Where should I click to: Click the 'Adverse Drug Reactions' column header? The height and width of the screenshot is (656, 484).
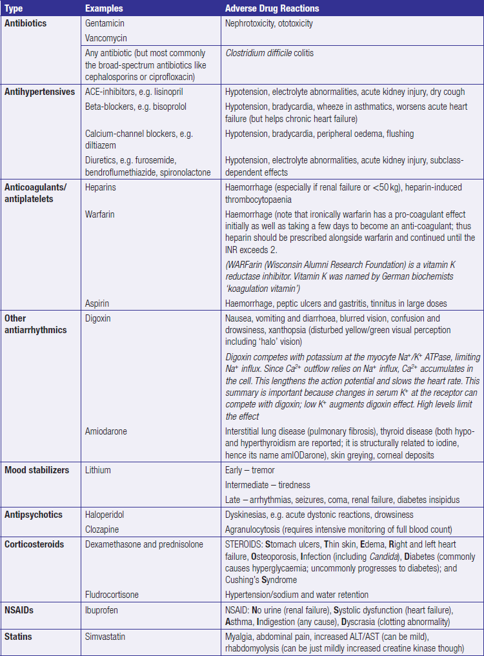click(x=272, y=8)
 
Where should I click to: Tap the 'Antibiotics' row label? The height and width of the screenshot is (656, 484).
click(x=26, y=23)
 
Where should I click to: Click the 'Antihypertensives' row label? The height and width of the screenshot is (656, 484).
click(x=40, y=92)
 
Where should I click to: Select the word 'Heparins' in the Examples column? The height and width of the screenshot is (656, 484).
click(x=101, y=187)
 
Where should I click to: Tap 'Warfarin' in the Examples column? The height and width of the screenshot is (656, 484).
click(x=100, y=214)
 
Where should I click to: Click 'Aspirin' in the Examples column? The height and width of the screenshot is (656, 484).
click(x=98, y=303)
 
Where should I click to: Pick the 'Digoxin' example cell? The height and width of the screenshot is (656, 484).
click(x=99, y=318)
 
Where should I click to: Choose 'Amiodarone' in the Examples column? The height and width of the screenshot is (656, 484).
click(x=106, y=431)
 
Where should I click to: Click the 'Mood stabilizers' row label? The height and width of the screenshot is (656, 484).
click(x=37, y=470)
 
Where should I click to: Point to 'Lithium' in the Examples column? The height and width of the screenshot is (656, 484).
click(x=98, y=470)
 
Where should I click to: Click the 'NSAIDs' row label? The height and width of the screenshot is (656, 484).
click(x=19, y=610)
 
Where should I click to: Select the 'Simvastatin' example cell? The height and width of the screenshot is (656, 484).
click(x=106, y=637)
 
